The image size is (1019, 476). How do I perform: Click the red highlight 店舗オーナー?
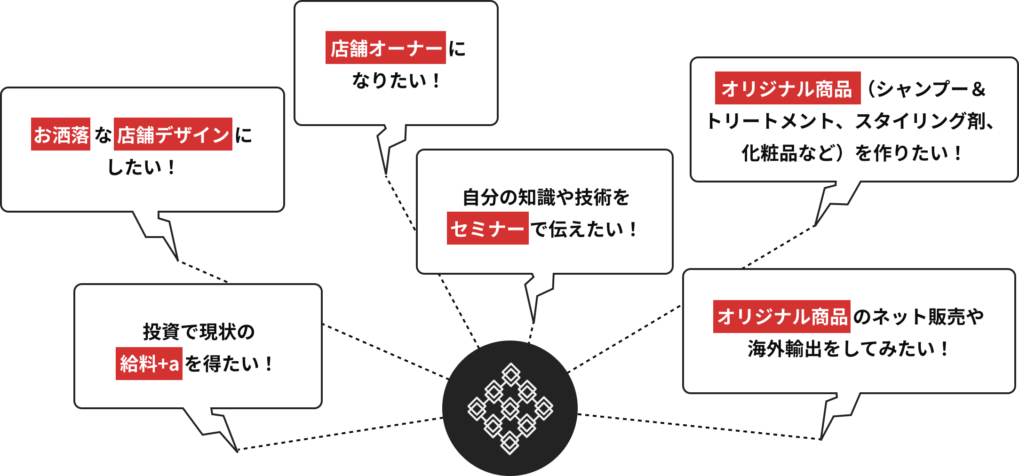pyautogui.click(x=385, y=48)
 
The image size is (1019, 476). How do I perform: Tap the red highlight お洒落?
pyautogui.click(x=61, y=135)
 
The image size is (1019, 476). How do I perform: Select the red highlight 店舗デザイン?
pyautogui.click(x=173, y=135)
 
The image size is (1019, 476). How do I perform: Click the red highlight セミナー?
pyautogui.click(x=487, y=229)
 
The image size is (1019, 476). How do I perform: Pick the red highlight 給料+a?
pyautogui.click(x=149, y=364)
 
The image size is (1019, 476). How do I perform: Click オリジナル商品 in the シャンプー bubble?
pyautogui.click(x=787, y=88)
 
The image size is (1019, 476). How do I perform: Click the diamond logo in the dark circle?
pyautogui.click(x=510, y=408)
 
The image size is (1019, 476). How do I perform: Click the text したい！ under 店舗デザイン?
pyautogui.click(x=142, y=167)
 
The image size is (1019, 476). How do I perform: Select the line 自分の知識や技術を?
pyautogui.click(x=546, y=197)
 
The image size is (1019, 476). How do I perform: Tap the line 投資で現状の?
pyautogui.click(x=199, y=332)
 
